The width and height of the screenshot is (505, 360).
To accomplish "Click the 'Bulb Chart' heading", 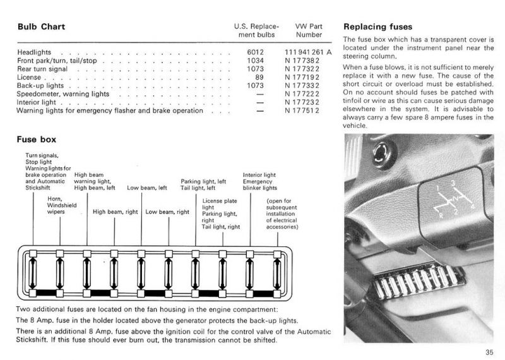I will pyautogui.click(x=41, y=27).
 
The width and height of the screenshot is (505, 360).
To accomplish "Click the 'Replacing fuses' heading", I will pyautogui.click(x=377, y=27).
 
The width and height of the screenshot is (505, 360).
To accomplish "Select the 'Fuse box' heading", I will pyautogui.click(x=36, y=140).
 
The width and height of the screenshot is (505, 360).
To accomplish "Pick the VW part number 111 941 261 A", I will pyautogui.click(x=307, y=52).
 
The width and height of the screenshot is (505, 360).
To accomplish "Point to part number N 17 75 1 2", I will pyautogui.click(x=302, y=111).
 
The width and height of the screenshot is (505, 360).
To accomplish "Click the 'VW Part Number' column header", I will pyautogui.click(x=309, y=30).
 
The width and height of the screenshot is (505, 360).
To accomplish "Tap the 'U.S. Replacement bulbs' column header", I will pyautogui.click(x=256, y=30).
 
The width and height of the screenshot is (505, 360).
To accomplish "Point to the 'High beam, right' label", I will pyautogui.click(x=115, y=212).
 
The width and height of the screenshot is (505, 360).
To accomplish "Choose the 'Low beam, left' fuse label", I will pyautogui.click(x=146, y=188).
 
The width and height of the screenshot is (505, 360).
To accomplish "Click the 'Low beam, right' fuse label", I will pyautogui.click(x=167, y=212).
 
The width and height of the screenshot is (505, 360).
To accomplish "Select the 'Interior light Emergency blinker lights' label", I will pyautogui.click(x=260, y=181).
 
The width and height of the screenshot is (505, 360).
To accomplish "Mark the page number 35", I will pyautogui.click(x=489, y=352).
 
